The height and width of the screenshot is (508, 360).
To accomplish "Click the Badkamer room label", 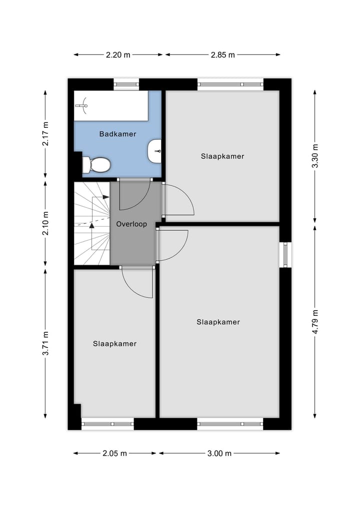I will tap(117, 134).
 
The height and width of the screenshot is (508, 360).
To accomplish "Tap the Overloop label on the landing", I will tap(131, 224).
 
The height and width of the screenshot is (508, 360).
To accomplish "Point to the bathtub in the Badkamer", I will tap(111, 106).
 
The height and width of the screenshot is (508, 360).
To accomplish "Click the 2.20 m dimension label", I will tap(118, 55).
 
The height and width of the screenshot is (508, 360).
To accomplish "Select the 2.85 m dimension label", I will tap(222, 55).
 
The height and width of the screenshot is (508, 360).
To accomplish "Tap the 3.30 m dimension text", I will tap(315, 156).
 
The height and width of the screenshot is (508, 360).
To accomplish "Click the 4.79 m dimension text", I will tap(315, 323).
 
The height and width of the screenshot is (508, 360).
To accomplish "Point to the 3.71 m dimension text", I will tap(45, 344).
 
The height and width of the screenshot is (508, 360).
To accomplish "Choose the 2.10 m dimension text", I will tap(45, 224).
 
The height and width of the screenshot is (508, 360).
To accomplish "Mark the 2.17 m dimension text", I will tap(45, 134).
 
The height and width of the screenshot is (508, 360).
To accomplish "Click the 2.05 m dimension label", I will tap(114, 453).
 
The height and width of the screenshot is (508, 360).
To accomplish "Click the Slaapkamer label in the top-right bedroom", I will tap(222, 156).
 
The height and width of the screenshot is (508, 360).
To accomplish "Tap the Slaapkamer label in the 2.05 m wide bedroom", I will tap(114, 344).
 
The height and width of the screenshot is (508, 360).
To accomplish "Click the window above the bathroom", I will tap(126, 84).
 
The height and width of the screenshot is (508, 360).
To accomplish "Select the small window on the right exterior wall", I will tap(285, 254).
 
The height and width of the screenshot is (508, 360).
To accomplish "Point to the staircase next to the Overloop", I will tap(92, 223).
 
